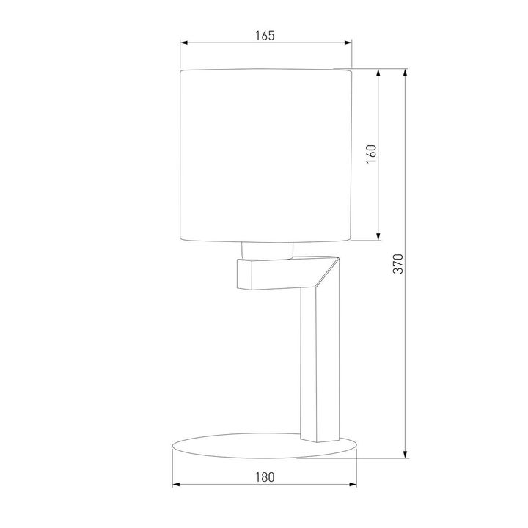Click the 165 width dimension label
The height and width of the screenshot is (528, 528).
click(x=265, y=35)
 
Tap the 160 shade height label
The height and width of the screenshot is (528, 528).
click(x=371, y=154)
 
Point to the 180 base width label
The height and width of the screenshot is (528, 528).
click(x=265, y=477)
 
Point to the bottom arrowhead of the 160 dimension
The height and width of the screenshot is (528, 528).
click(x=378, y=236)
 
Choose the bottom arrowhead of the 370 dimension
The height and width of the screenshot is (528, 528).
click(x=406, y=455)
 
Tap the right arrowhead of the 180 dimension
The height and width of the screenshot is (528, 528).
click(x=354, y=485)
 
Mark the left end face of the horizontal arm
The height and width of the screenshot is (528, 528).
click(x=244, y=274)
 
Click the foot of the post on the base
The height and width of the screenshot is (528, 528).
click(x=317, y=438)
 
